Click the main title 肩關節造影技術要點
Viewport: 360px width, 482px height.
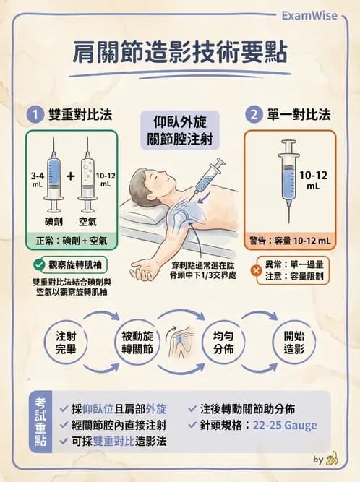click(x=180, y=55)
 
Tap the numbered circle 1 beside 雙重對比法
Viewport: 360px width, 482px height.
click(x=33, y=114)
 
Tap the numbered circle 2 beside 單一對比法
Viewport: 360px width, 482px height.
click(x=254, y=114)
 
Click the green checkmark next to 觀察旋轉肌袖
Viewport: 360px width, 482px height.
click(x=40, y=265)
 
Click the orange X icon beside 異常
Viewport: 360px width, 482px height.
click(x=254, y=270)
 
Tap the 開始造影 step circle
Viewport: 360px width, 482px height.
click(x=293, y=342)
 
